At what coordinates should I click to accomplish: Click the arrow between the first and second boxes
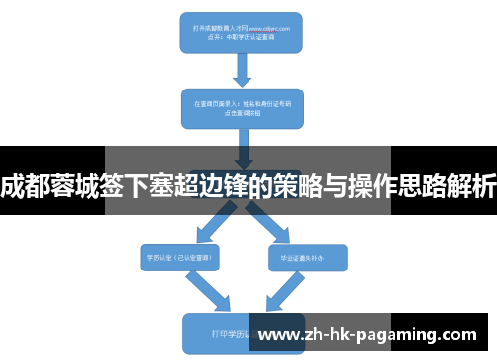tap(241, 70)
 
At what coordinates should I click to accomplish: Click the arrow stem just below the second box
tap(241, 144)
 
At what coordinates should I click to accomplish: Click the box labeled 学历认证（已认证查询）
tap(179, 256)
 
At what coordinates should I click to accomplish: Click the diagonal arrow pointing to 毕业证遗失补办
tap(273, 225)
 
